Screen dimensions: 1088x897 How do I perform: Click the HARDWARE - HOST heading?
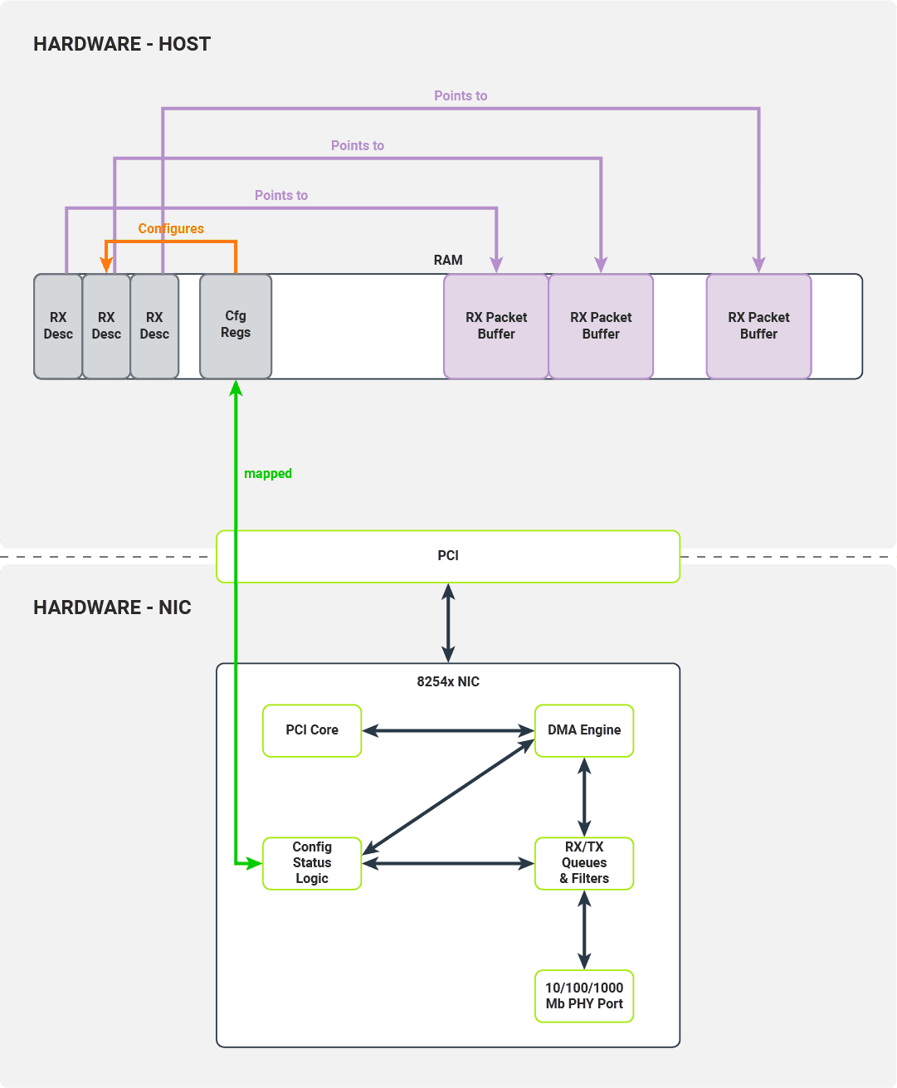click(122, 44)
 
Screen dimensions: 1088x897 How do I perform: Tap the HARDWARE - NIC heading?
click(112, 607)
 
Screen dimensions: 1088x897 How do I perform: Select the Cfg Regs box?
click(236, 325)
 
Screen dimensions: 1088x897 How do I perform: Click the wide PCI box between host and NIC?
click(448, 556)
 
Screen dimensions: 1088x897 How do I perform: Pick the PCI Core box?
click(312, 730)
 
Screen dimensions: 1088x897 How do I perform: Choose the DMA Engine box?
click(584, 730)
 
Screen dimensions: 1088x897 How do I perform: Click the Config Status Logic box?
click(312, 863)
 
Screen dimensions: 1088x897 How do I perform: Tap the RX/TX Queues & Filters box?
click(584, 863)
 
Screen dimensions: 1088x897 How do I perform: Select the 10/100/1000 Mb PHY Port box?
click(584, 996)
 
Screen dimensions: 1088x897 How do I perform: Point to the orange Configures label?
click(171, 229)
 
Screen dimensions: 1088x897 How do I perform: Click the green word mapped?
click(268, 474)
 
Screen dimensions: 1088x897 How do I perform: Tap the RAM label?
click(448, 261)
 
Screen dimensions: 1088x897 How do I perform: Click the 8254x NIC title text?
click(448, 682)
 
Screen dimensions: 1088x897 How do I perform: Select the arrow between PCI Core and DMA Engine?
click(448, 731)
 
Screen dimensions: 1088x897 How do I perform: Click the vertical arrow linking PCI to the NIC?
click(448, 622)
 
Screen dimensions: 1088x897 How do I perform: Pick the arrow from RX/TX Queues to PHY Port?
click(584, 929)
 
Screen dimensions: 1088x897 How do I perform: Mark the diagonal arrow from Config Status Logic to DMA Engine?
click(448, 797)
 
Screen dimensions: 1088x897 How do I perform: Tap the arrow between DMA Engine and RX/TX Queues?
click(584, 797)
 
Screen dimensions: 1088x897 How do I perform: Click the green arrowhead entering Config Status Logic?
click(254, 864)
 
